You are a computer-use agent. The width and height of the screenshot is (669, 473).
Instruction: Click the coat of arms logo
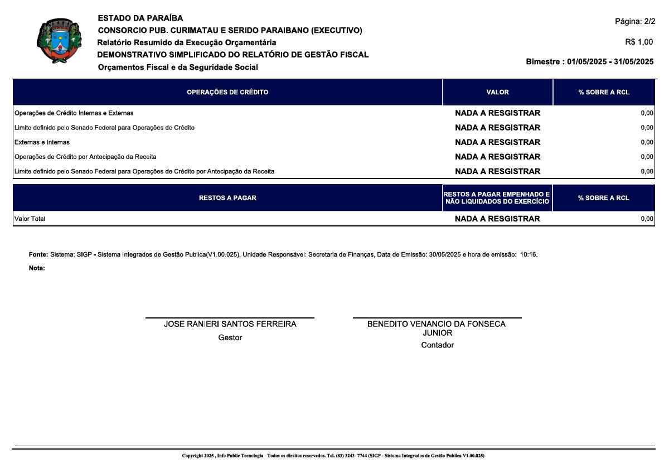[x=59, y=42]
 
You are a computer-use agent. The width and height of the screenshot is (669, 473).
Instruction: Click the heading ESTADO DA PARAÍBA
[x=140, y=18]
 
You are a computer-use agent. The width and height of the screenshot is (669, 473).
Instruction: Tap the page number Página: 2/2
[x=635, y=22]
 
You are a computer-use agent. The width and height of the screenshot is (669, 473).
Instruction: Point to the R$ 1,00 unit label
[x=639, y=42]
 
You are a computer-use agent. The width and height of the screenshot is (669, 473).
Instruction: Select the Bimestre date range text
[x=589, y=61]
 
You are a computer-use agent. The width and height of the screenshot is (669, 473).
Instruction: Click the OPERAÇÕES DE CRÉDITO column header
[x=227, y=92]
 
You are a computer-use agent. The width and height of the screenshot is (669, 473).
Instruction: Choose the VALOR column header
[x=497, y=92]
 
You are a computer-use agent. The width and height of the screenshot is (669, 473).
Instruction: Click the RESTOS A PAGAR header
[x=227, y=198]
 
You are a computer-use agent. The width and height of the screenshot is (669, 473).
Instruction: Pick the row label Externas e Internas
[x=42, y=142]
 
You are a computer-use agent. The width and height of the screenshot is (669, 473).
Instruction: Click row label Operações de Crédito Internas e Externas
[x=74, y=113]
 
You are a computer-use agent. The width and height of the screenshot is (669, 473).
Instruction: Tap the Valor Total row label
[x=30, y=219]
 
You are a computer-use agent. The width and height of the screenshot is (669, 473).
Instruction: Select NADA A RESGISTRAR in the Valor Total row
[x=497, y=219]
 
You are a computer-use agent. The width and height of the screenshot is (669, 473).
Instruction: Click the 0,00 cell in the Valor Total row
[x=647, y=219]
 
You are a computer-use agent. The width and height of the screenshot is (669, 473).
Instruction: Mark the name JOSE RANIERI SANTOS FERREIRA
[x=230, y=324]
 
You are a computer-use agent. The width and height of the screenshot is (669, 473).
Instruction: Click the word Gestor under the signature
[x=230, y=337]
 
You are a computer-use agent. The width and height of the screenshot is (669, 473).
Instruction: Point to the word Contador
[x=437, y=345]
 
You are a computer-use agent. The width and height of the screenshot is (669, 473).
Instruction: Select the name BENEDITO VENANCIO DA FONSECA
[x=437, y=324]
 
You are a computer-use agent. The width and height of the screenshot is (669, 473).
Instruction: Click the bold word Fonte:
[x=38, y=255]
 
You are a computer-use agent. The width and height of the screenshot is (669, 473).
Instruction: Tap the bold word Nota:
[x=37, y=268]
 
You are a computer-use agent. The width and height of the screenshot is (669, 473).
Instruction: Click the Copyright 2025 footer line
[x=333, y=456]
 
